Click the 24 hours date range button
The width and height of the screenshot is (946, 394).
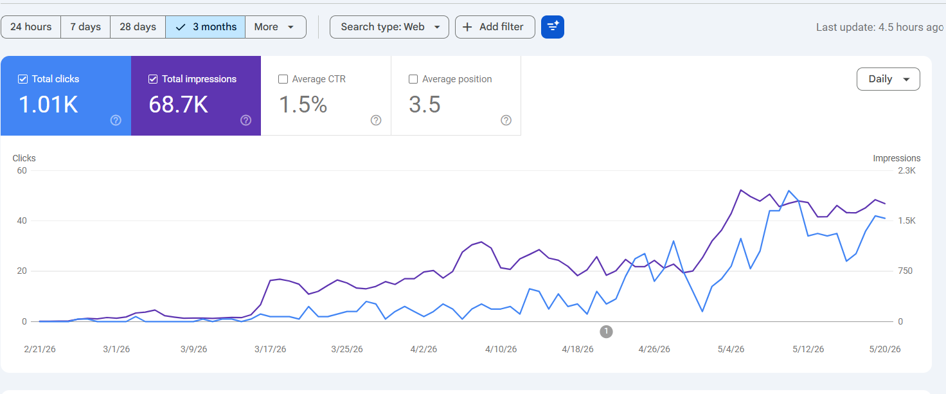[x=31, y=27]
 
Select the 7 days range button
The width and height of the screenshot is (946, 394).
[x=85, y=27]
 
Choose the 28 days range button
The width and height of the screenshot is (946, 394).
[x=138, y=27]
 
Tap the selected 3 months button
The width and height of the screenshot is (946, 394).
[x=205, y=27]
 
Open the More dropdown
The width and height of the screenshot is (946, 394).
[x=275, y=27]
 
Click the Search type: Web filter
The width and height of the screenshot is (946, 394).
[x=389, y=27]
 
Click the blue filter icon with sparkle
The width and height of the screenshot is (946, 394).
[x=553, y=27]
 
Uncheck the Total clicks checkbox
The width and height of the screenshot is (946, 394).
[x=22, y=79]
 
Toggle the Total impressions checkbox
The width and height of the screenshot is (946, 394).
[x=153, y=79]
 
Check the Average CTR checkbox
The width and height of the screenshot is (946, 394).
[x=283, y=79]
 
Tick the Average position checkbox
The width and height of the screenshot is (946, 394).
[x=413, y=79]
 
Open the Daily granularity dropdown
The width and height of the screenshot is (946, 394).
[x=888, y=79]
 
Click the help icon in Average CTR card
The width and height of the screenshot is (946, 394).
[x=376, y=120]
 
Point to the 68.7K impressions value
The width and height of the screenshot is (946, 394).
[x=178, y=104]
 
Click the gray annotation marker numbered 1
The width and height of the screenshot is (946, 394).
[x=606, y=332]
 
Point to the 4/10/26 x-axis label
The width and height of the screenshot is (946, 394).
[x=501, y=349]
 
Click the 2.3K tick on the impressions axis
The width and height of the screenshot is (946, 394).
[x=907, y=170]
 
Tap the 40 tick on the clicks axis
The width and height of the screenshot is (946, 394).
[x=22, y=220]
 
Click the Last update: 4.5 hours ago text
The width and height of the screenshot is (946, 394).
[x=880, y=28]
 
